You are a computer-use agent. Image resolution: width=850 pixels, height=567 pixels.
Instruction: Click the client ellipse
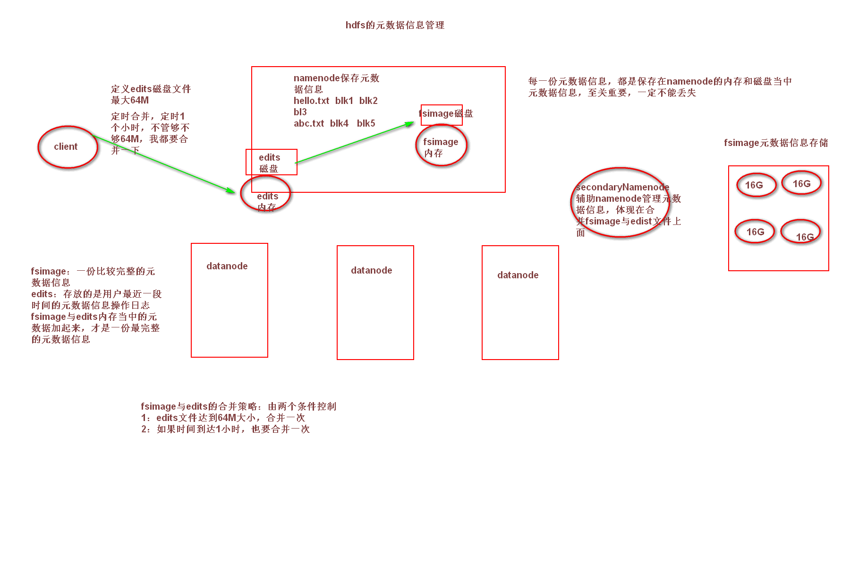pos(68,147)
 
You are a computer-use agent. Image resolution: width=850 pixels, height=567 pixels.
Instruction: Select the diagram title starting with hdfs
pos(395,25)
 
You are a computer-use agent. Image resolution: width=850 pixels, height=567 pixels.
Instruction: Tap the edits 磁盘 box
pos(271,162)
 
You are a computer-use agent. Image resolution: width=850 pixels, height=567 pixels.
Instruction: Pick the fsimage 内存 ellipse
pos(441,146)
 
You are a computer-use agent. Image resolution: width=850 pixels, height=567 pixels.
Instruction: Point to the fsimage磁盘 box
pos(442,114)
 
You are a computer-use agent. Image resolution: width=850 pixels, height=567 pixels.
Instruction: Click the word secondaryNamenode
pos(622,187)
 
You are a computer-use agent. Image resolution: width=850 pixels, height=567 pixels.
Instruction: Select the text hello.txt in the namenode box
pos(311,101)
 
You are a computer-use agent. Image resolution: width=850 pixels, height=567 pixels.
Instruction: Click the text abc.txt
pos(309,123)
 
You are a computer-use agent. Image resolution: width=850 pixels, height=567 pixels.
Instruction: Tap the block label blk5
pos(366,123)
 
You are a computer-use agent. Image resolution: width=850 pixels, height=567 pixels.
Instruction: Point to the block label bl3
pos(300,112)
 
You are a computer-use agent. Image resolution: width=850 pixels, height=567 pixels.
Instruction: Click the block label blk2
pos(368,101)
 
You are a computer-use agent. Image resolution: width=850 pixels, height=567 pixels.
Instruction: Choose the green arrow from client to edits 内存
pos(163,164)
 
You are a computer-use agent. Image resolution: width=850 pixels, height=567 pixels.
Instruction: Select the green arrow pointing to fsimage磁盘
pos(354,143)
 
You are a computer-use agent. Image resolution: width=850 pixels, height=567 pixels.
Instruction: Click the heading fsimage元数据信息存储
pos(776,143)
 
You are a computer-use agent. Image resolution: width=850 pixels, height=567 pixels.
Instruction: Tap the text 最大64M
pos(130,100)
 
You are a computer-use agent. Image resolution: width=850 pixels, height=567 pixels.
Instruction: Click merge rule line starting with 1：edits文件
pos(223,418)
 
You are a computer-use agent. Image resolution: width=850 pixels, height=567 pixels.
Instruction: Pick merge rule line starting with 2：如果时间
pos(225,429)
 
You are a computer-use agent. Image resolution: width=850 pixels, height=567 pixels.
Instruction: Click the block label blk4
pos(339,123)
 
